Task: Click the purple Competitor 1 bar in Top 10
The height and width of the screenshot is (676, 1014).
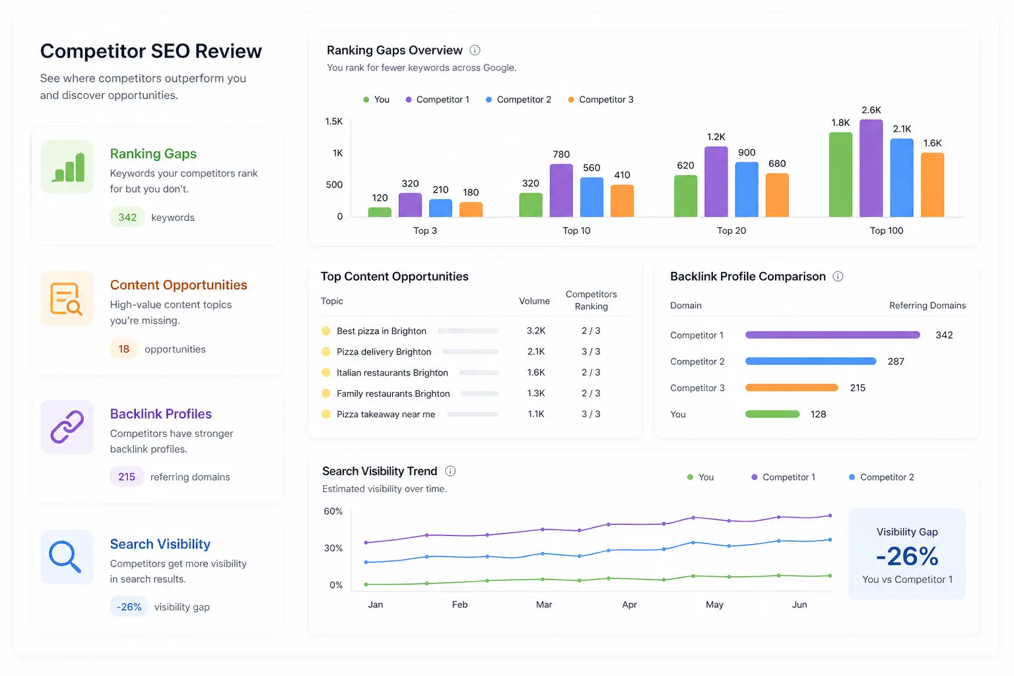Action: click(561, 190)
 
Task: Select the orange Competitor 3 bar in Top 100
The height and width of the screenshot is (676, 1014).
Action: click(932, 185)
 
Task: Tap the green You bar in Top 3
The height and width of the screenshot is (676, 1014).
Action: click(380, 212)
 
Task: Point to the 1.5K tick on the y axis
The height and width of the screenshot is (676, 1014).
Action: click(334, 121)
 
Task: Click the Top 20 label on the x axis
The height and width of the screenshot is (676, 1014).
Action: click(731, 230)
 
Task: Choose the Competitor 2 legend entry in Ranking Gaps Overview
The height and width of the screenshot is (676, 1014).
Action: click(518, 100)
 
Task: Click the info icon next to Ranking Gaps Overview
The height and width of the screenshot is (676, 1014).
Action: click(475, 50)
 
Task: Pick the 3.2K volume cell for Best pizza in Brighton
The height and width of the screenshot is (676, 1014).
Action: click(536, 331)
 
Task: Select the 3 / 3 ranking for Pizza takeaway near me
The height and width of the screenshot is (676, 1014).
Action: click(591, 414)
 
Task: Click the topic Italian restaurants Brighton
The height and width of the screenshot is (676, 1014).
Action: click(392, 372)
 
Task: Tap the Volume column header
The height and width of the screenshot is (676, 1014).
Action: click(534, 301)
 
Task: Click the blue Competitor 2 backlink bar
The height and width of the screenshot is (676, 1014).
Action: click(810, 361)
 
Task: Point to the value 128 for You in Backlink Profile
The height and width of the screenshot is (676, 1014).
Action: click(818, 415)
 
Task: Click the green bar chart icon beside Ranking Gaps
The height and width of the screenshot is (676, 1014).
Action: click(67, 167)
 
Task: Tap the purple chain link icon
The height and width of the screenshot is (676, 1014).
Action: click(67, 426)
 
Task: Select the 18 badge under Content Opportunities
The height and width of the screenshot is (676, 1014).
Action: click(123, 349)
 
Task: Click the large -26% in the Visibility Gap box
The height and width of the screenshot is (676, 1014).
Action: click(906, 556)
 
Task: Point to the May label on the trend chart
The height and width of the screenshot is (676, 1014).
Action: click(714, 605)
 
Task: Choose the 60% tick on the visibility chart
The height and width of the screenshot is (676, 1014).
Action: click(333, 511)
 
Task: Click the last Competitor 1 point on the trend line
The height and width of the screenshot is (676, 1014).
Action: click(830, 516)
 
